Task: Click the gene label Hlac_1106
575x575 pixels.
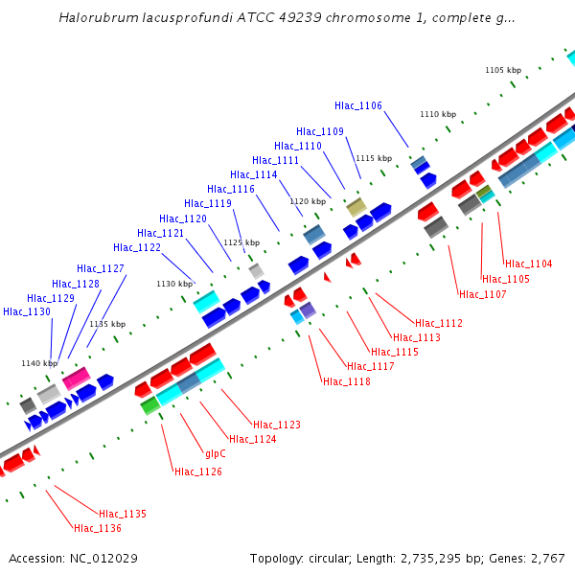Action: click(x=358, y=105)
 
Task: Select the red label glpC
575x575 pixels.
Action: click(x=216, y=453)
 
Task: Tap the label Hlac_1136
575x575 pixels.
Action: click(x=98, y=528)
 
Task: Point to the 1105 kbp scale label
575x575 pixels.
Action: click(x=503, y=70)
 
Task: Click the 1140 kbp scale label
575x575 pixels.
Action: click(x=39, y=363)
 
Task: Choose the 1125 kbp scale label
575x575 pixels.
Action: click(x=241, y=243)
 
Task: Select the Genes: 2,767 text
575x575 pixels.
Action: click(x=531, y=558)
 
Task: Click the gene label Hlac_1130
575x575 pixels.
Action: click(x=27, y=311)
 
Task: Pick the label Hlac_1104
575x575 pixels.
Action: click(x=529, y=264)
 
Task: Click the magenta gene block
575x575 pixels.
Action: click(x=76, y=378)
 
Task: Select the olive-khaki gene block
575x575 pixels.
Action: click(x=356, y=206)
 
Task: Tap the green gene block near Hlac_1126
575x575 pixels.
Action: click(x=149, y=405)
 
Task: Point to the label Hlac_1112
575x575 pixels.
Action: click(x=439, y=323)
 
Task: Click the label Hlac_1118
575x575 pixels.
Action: click(x=347, y=381)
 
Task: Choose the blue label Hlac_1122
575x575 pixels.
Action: click(x=137, y=247)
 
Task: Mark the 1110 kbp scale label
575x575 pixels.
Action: click(x=437, y=114)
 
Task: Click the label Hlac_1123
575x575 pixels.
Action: click(x=277, y=425)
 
